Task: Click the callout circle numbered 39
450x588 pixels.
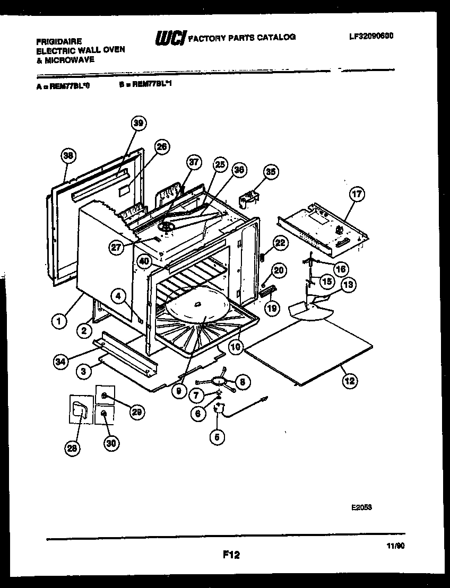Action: (x=139, y=123)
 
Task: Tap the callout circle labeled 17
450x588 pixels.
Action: (x=357, y=195)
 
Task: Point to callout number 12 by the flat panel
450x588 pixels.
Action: (x=349, y=380)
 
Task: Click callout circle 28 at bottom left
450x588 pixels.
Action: (x=72, y=448)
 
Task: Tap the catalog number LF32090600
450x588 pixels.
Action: (x=371, y=36)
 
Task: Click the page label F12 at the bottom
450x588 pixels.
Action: (x=231, y=555)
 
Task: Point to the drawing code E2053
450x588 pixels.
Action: (x=361, y=507)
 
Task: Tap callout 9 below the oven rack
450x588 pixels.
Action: (x=179, y=392)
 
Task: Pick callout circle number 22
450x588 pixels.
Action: (x=280, y=243)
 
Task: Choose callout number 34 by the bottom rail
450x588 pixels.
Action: (x=62, y=362)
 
